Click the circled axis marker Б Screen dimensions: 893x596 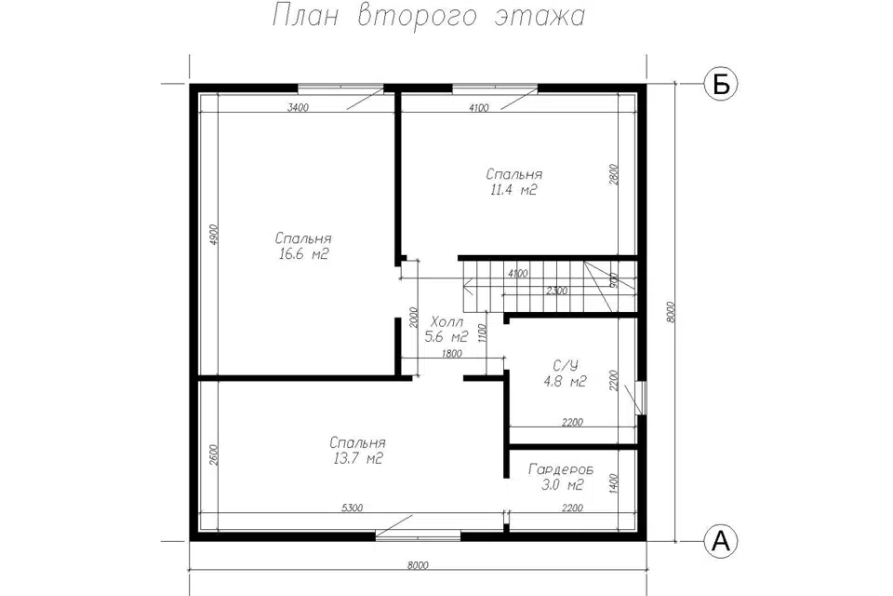pyautogui.click(x=721, y=85)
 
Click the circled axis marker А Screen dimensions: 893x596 pyautogui.click(x=721, y=541)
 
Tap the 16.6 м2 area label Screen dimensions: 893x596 pyautogui.click(x=303, y=254)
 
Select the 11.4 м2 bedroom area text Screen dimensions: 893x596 pyautogui.click(x=513, y=190)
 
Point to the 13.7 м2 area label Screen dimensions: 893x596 pyautogui.click(x=357, y=458)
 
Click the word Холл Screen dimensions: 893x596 pyautogui.click(x=447, y=321)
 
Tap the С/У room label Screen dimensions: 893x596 pyautogui.click(x=566, y=366)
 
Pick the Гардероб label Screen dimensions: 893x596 pyautogui.click(x=561, y=469)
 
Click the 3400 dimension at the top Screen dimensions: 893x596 pyautogui.click(x=298, y=107)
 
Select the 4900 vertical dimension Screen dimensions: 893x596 pyautogui.click(x=214, y=235)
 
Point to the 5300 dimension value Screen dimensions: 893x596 pyautogui.click(x=352, y=508)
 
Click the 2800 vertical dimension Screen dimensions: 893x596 pyautogui.click(x=613, y=175)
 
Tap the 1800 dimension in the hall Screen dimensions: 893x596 pyautogui.click(x=452, y=354)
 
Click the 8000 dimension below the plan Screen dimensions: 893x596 pyautogui.click(x=418, y=566)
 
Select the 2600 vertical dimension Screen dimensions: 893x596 pyautogui.click(x=214, y=455)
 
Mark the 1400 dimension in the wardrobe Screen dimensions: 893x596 pyautogui.click(x=613, y=483)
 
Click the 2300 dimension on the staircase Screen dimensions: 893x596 pyautogui.click(x=556, y=291)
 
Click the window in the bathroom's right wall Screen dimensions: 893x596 pyautogui.click(x=643, y=398)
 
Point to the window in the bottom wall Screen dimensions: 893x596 pyautogui.click(x=418, y=535)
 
